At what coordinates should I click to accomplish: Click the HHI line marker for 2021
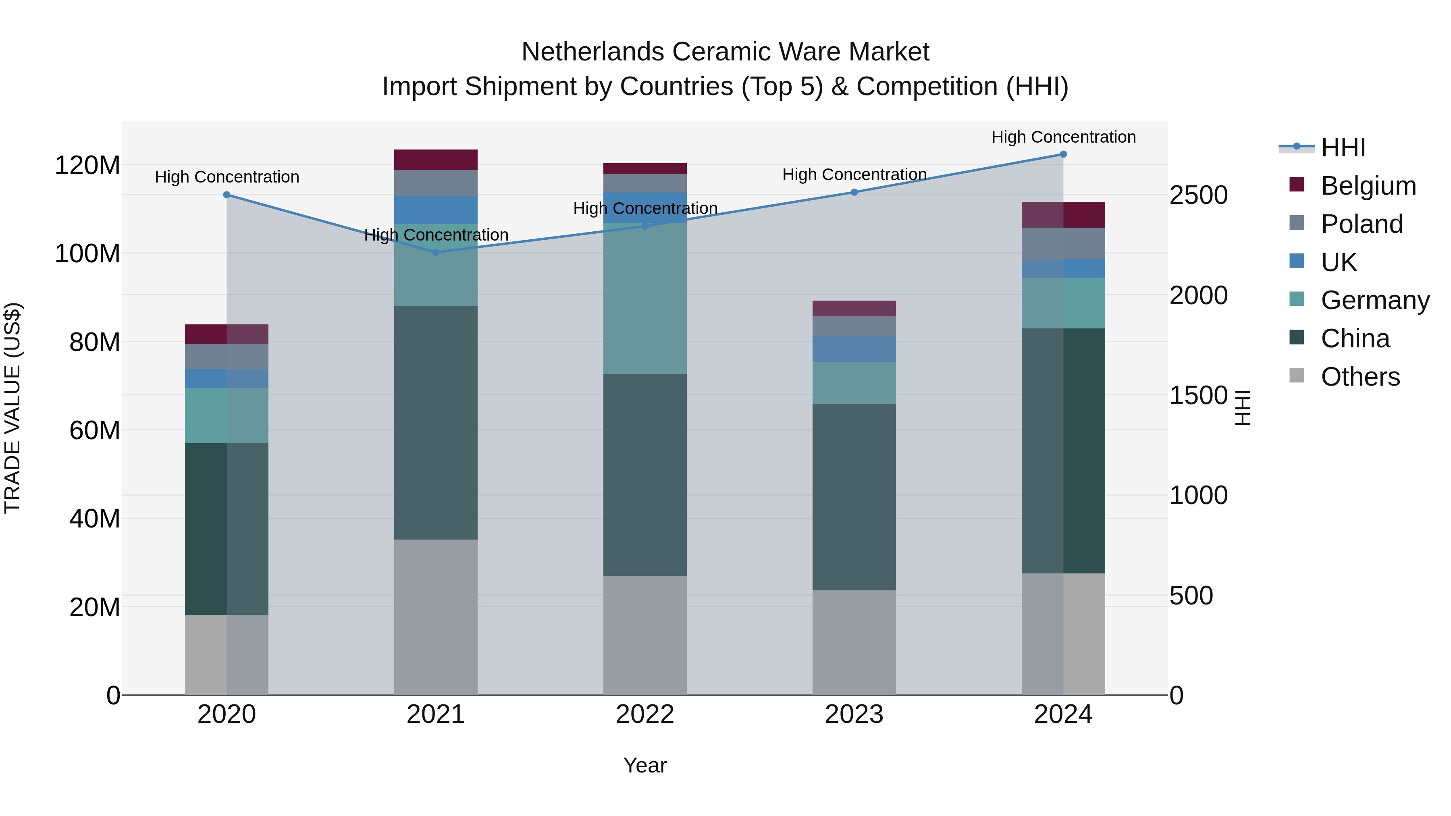435,252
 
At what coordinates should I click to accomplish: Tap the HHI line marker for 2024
1063,154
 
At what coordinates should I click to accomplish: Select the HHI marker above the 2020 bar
227,195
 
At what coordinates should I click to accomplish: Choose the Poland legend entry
1362,224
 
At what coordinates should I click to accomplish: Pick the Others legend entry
1360,377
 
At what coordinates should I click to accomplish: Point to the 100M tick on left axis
87,254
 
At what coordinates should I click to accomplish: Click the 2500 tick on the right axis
1198,195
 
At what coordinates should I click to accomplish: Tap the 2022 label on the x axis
644,714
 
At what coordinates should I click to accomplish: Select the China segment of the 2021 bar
435,422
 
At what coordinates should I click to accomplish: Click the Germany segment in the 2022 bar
644,299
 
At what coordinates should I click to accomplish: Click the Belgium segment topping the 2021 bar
435,160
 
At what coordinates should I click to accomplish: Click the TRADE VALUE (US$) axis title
12,408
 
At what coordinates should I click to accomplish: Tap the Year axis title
644,765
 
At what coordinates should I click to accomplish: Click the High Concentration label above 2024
1063,137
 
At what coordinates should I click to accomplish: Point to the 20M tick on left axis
95,607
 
